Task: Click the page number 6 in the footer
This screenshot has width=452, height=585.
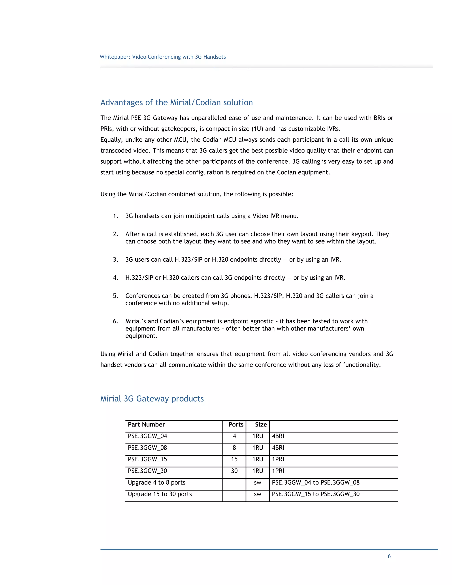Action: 389,556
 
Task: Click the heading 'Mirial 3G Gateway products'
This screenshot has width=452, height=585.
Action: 152,398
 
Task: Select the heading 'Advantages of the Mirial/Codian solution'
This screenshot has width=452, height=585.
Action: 177,102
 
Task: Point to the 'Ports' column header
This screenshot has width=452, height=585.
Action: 236,425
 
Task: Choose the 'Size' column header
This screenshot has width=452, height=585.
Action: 261,425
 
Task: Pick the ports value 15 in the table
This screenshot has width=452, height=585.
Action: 234,459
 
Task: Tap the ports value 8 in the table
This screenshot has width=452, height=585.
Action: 234,448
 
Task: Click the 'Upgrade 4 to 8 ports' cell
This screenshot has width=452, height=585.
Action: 156,482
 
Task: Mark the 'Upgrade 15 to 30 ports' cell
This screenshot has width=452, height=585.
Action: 160,494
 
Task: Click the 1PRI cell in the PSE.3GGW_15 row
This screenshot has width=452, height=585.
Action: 278,459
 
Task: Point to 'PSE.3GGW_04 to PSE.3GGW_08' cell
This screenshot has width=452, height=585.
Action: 315,482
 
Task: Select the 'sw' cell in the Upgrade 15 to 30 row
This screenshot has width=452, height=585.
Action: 257,494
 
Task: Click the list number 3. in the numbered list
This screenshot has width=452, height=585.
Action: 115,260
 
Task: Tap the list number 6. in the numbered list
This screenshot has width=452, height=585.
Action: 115,321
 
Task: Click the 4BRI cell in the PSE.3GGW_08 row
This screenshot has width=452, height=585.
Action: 278,448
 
